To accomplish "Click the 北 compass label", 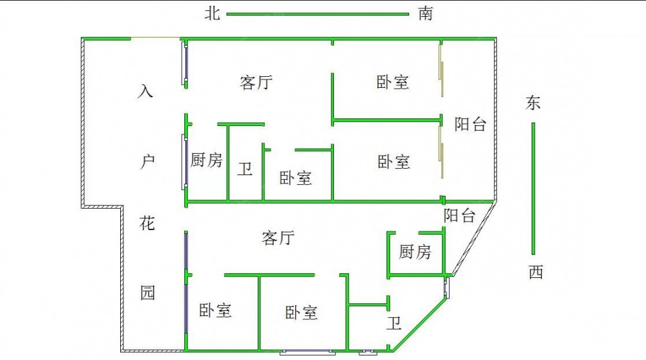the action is pos(213,13).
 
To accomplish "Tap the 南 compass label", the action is pos(426,13).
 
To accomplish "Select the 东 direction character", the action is pos(533,103).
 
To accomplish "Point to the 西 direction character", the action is pos(536,272).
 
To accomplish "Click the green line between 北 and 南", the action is pos(318,14).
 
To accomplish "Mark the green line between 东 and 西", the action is pos(533,189).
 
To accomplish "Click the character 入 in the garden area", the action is pos(145,91).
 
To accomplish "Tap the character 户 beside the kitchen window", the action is pos(147,161).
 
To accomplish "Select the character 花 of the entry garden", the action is pos(147,223).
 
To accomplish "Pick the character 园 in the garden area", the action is pos(147,292).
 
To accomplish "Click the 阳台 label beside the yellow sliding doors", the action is pos(470,124).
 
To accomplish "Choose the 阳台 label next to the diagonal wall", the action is pos(459,215).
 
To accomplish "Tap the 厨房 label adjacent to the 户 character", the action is pos(207,160).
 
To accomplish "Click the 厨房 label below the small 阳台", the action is pos(415,251).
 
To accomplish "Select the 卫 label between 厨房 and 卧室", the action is pos(245,169).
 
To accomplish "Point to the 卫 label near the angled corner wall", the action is pos(394,323).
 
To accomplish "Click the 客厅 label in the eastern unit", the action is pos(256,83).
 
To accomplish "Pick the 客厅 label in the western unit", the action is pos(278,238).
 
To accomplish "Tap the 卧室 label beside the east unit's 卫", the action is pos(296,178).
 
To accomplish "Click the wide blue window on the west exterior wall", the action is pos(307,353).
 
